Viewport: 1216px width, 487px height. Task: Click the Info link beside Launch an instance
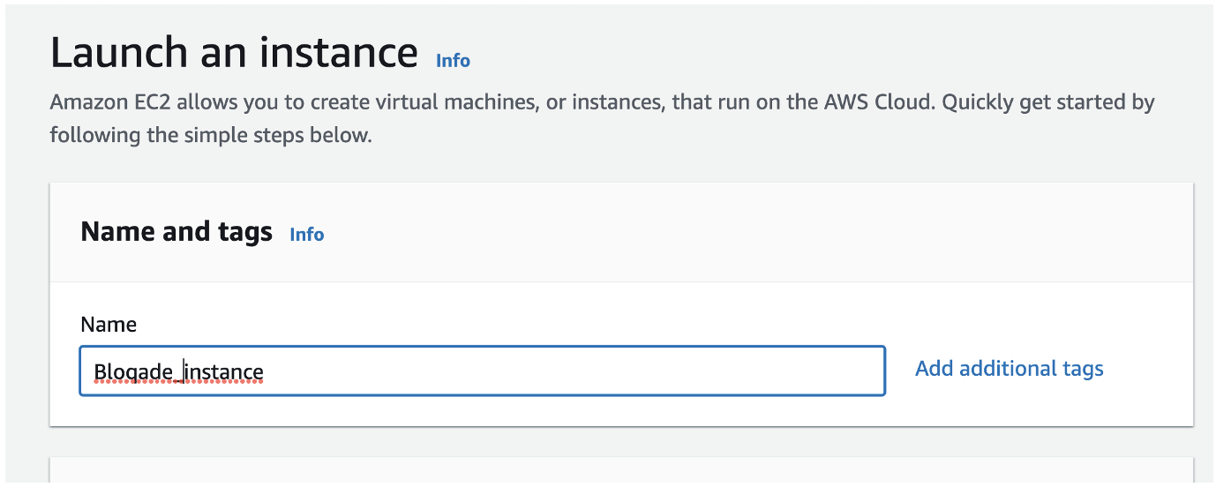(453, 60)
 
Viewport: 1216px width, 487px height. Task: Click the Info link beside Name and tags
(307, 234)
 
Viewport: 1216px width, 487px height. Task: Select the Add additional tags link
(1010, 369)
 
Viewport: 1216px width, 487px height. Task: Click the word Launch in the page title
(119, 52)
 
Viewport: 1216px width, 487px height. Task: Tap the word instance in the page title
(339, 52)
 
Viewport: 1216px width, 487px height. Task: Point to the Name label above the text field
(109, 324)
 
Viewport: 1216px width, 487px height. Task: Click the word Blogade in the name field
(133, 372)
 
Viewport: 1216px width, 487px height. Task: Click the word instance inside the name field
(223, 372)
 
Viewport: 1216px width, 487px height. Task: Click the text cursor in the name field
(184, 371)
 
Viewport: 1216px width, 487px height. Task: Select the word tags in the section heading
(244, 232)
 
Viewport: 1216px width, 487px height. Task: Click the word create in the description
(334, 102)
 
